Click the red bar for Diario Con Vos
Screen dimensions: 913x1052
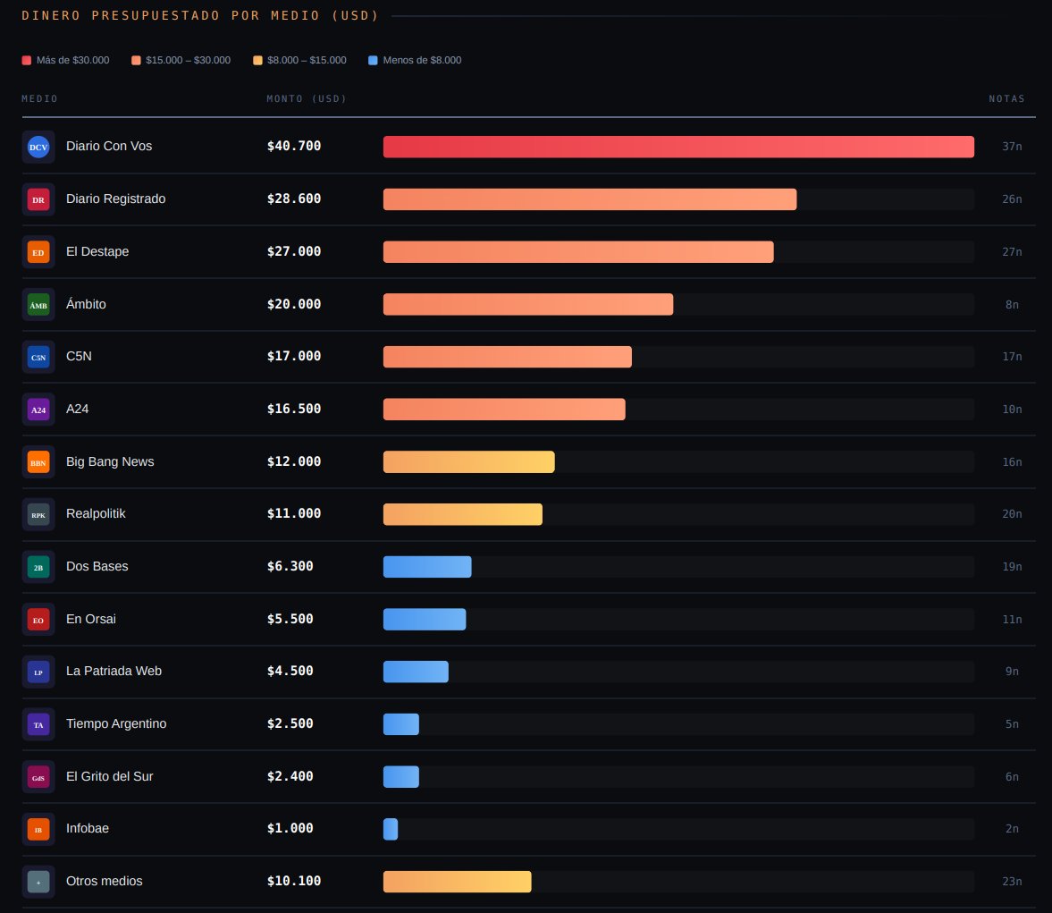click(678, 147)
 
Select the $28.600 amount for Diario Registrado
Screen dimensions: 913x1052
click(294, 199)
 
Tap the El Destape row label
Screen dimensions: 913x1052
click(97, 252)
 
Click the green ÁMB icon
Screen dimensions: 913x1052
click(38, 305)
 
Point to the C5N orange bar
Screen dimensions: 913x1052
click(507, 357)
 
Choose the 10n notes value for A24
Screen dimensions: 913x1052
click(1012, 410)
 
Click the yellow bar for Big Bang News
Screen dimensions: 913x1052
click(468, 462)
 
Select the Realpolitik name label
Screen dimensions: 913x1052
click(96, 514)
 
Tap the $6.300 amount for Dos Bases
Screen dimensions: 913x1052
click(290, 567)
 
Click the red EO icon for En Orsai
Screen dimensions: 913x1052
click(38, 620)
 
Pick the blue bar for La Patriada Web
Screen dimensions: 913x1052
click(416, 672)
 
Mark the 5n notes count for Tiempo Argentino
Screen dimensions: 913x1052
click(1012, 724)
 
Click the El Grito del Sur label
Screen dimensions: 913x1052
click(109, 777)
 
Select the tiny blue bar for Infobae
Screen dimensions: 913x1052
click(391, 829)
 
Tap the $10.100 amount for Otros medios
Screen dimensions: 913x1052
click(294, 882)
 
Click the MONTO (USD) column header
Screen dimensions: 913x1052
click(307, 99)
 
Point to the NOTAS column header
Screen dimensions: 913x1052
click(1006, 99)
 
